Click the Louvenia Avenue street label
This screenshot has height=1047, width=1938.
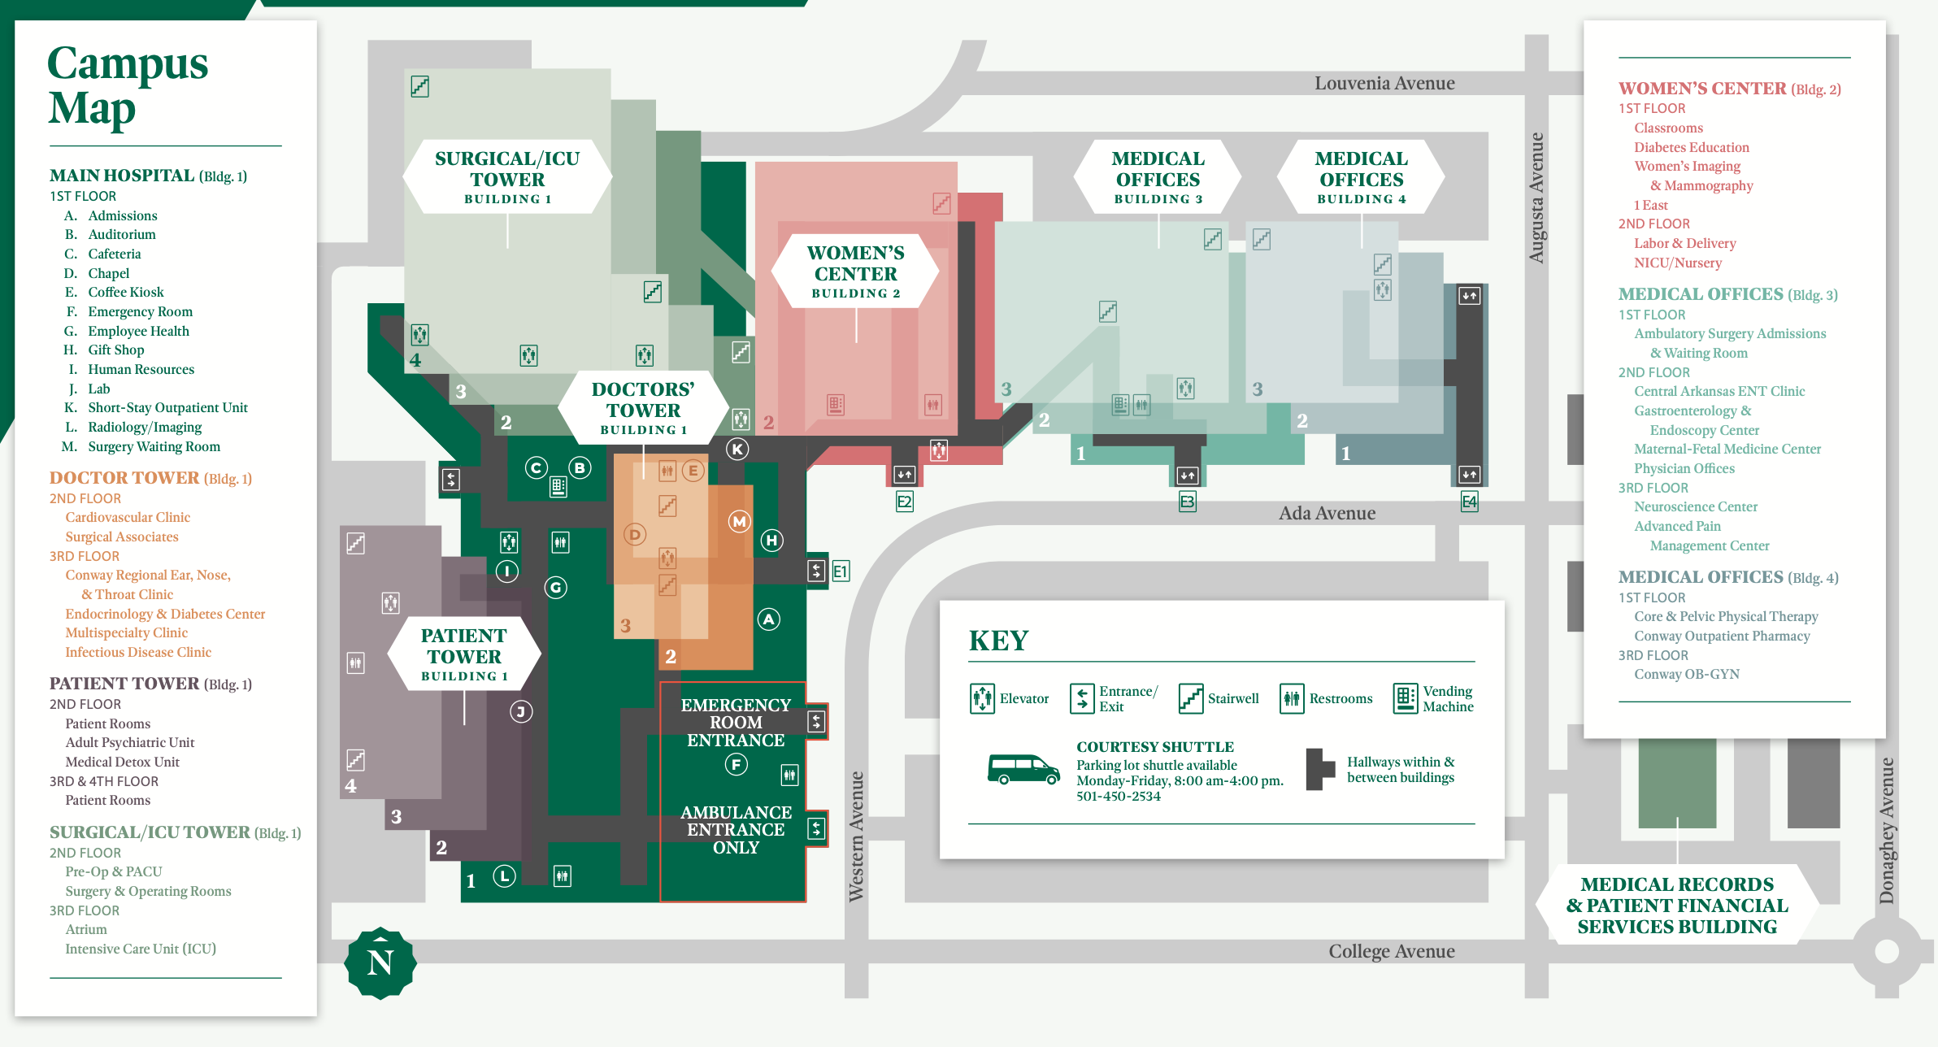coord(1384,83)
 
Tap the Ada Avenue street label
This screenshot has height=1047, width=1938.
coord(1327,513)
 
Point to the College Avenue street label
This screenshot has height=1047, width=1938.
coord(1391,951)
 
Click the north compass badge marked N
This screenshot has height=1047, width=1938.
coord(380,963)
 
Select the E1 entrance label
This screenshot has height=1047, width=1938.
coord(841,571)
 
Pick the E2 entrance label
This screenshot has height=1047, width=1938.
coord(904,502)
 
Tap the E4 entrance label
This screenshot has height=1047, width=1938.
coord(1469,502)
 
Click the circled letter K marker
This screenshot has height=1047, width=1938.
coord(737,449)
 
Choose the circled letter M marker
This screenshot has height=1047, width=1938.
coord(739,522)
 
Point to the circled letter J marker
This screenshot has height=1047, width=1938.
coord(521,712)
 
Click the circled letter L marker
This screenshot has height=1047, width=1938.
coord(505,875)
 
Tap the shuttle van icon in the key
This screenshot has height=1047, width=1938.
coord(1023,768)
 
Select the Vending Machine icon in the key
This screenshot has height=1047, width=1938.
coord(1405,698)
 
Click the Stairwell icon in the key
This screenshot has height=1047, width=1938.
coord(1191,698)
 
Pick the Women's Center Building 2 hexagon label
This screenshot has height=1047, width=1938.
coord(855,272)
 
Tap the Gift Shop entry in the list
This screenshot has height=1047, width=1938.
coord(116,350)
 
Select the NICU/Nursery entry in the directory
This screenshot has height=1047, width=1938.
coord(1678,263)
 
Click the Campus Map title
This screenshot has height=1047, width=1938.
coord(128,85)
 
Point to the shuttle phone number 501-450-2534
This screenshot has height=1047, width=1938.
coord(1119,797)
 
